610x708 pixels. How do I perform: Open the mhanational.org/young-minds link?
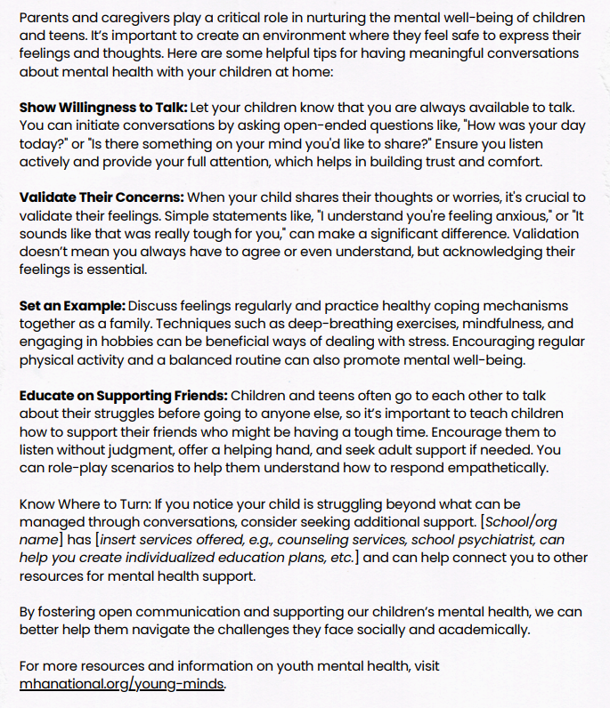(121, 684)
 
